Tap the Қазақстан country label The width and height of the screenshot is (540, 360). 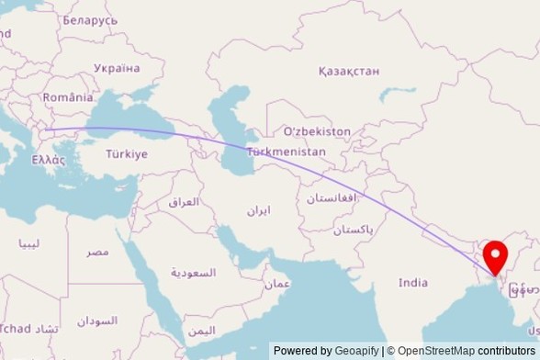(349, 71)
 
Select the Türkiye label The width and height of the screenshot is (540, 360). (127, 154)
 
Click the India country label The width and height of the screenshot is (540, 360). (413, 283)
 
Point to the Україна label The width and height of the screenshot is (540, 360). (117, 68)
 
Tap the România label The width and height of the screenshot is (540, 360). (68, 96)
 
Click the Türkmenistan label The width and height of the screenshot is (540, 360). (287, 151)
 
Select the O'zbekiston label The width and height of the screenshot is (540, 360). (317, 131)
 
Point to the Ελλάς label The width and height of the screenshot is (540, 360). (49, 159)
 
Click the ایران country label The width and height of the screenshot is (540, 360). (258, 210)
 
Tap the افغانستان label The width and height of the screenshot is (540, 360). (331, 198)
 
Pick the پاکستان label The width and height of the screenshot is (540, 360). (354, 230)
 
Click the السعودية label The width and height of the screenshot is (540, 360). (194, 273)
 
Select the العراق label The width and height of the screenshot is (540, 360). (184, 201)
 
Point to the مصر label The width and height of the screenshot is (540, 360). (97, 251)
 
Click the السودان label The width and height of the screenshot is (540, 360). (97, 321)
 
